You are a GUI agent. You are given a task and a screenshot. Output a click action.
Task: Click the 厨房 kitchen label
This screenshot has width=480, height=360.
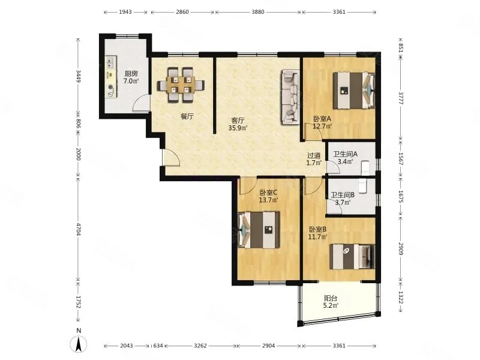coord(131,73)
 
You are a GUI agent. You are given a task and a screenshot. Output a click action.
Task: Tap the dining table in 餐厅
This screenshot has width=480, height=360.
coord(181,85)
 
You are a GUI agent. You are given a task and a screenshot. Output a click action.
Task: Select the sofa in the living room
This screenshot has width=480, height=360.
coord(290,97)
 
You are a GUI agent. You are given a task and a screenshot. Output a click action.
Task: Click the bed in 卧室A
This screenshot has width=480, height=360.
coord(354,91)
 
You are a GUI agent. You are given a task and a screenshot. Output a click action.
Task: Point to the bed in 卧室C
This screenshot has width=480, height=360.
coord(259,230)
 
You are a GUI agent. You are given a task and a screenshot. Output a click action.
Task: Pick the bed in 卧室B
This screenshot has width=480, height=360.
coord(352,257)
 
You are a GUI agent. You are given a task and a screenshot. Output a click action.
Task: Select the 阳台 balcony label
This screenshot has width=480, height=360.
coord(331,298)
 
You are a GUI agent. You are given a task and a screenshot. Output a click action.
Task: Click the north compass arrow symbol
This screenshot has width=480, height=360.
coord(79,344)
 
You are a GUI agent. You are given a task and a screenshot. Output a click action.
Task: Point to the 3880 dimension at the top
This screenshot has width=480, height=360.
coord(258,12)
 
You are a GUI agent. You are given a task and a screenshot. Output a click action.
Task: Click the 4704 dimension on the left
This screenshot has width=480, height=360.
coord(79,229)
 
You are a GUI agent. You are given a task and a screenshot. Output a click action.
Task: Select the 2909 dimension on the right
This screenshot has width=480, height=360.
coord(401,248)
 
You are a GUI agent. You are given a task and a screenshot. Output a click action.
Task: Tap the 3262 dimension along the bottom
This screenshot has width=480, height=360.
coord(200,346)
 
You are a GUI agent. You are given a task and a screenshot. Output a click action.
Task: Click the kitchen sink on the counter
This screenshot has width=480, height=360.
coord(111,62)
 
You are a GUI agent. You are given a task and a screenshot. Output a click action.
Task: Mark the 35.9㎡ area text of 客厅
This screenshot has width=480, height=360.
coord(238,128)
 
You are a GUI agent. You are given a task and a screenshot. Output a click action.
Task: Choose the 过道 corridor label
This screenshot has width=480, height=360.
coord(314,155)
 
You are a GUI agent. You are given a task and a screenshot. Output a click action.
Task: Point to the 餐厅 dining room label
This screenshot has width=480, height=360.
coord(187,116)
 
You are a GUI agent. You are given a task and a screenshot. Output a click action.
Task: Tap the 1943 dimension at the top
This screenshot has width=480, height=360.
coord(125,12)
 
